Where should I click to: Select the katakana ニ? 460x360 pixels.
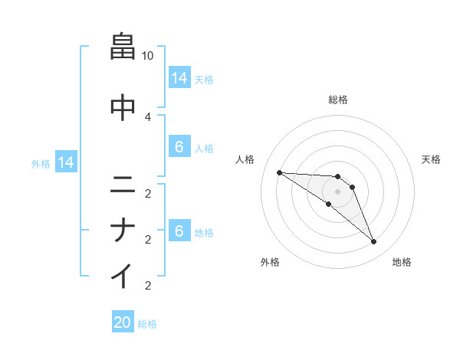coord(123,185)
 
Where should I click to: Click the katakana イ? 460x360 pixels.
coord(123,275)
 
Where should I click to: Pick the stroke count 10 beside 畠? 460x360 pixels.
coord(148,56)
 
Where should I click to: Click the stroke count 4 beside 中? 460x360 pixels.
coord(148,116)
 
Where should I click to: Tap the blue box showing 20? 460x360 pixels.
coord(123,322)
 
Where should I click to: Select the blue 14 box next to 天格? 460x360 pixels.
coord(179,78)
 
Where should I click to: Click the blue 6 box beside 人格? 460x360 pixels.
coord(179,147)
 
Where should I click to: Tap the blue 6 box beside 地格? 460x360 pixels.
coord(179,231)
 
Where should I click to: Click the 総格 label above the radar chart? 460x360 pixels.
coord(337,100)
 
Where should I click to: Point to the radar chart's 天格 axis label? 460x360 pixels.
coord(431,159)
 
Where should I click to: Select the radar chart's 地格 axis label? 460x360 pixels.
coord(402,262)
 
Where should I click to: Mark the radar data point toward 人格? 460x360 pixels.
coord(279,172)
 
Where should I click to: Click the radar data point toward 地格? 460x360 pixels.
coord(373,242)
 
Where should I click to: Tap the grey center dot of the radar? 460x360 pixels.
coord(337,191)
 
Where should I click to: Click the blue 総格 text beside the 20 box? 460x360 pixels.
coord(147,324)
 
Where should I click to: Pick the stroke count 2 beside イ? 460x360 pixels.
coord(148,286)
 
